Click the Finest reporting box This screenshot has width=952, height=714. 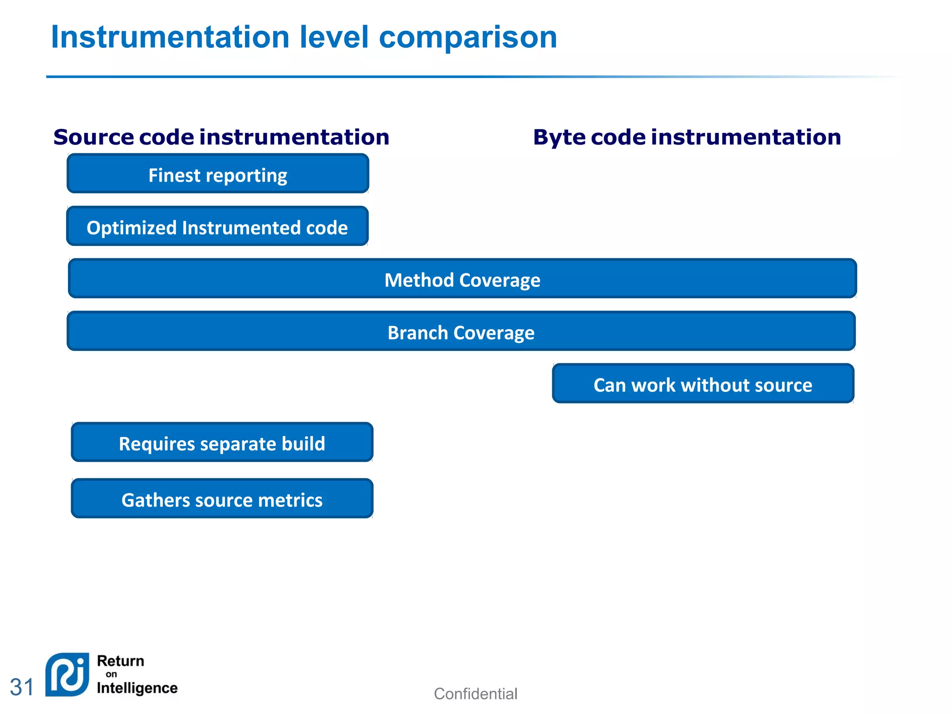tap(218, 174)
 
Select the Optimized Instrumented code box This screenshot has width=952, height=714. tap(217, 226)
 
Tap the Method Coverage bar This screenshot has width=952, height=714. tap(462, 279)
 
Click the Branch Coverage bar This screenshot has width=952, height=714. tap(461, 331)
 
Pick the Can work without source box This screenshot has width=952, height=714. tap(702, 384)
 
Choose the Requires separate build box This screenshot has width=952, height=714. tap(222, 443)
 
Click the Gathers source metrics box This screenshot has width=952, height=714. tap(222, 499)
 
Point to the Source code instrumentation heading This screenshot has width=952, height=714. tap(221, 137)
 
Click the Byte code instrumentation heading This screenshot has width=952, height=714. tap(687, 137)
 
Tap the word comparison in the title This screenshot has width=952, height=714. tap(468, 37)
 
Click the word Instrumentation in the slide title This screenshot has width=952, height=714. tap(170, 37)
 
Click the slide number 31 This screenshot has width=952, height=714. tap(22, 687)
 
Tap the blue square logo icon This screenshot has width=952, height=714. tap(67, 674)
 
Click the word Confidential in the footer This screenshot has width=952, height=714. tap(475, 694)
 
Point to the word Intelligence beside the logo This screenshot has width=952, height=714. tap(137, 688)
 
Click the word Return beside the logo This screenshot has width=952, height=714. tap(120, 661)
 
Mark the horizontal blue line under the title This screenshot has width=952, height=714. tap(418, 77)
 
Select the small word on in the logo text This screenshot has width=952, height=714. tap(112, 674)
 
